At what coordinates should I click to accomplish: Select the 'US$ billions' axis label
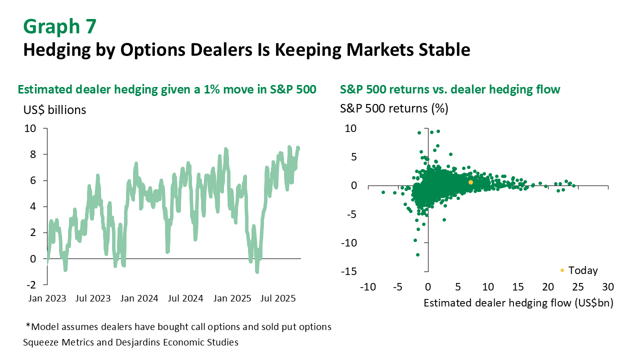click(x=54, y=110)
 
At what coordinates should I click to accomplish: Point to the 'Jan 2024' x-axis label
click(x=140, y=298)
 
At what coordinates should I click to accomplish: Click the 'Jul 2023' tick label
click(x=94, y=298)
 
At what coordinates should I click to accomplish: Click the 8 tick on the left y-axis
click(x=33, y=154)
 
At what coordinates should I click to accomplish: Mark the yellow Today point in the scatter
click(x=470, y=182)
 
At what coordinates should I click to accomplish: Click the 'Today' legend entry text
click(x=583, y=270)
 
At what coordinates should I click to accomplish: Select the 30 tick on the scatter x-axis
click(x=607, y=287)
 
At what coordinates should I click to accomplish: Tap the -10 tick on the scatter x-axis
click(x=367, y=287)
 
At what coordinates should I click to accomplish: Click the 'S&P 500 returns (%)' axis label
click(x=394, y=108)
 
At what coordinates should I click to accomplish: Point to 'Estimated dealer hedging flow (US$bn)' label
click(x=518, y=302)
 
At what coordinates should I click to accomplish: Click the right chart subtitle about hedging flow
click(x=450, y=89)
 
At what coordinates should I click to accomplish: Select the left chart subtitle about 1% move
click(x=167, y=89)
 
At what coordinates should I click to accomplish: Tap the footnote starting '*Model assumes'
click(x=178, y=327)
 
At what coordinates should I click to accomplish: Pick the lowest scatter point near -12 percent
click(x=417, y=254)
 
